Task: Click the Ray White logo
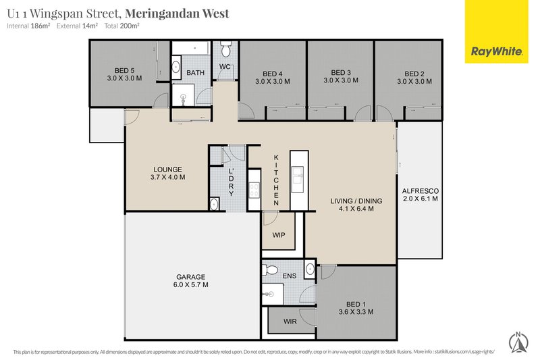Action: click(x=496, y=32)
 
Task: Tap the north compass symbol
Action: click(x=518, y=342)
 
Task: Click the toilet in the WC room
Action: click(x=225, y=49)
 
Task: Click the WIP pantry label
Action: click(x=279, y=235)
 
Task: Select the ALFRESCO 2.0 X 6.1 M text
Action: click(x=420, y=195)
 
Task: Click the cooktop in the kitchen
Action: click(x=254, y=190)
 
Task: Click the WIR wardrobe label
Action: click(x=290, y=322)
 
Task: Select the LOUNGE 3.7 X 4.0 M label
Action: click(x=167, y=174)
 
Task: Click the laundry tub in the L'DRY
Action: click(x=214, y=204)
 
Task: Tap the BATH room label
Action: click(x=195, y=73)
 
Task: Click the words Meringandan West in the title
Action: click(x=177, y=14)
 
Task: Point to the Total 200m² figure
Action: click(x=122, y=26)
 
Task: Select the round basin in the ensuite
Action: click(x=310, y=269)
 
